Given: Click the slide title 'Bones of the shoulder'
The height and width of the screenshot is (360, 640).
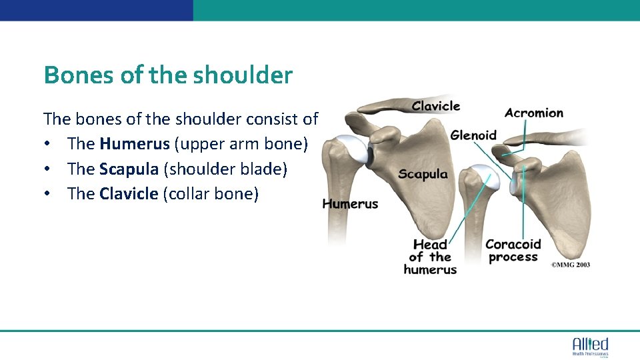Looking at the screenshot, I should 167,75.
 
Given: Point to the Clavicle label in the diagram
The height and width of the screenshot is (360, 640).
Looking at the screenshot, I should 435,106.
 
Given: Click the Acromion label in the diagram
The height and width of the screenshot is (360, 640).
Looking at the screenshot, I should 533,113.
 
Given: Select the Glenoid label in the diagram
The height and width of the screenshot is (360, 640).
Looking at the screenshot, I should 473,135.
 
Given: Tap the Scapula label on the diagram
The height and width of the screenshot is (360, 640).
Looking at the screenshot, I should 423,175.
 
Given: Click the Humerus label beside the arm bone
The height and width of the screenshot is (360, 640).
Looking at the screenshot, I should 350,204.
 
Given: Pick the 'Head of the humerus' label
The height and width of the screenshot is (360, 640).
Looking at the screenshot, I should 430,257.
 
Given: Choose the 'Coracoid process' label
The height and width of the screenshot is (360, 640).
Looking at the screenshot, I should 513,251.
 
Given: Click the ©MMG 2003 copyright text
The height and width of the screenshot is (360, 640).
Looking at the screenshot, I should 570,265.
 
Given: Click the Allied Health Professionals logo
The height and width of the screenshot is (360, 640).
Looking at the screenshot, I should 590,346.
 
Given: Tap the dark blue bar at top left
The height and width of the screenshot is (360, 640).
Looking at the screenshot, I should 97,10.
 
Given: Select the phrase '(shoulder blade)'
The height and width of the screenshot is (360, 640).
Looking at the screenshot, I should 225,169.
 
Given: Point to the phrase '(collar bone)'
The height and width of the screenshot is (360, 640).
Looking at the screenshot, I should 210,194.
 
